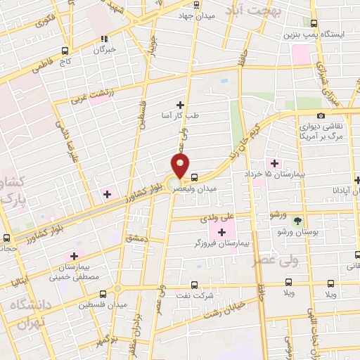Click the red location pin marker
click(181, 166)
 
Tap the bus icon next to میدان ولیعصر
click(195, 177)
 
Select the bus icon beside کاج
click(65, 51)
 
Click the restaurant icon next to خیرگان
click(104, 39)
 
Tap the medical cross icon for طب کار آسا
click(180, 105)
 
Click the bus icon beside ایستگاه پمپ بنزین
click(353, 34)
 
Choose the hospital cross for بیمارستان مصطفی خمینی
click(72, 257)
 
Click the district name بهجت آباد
click(261, 11)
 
